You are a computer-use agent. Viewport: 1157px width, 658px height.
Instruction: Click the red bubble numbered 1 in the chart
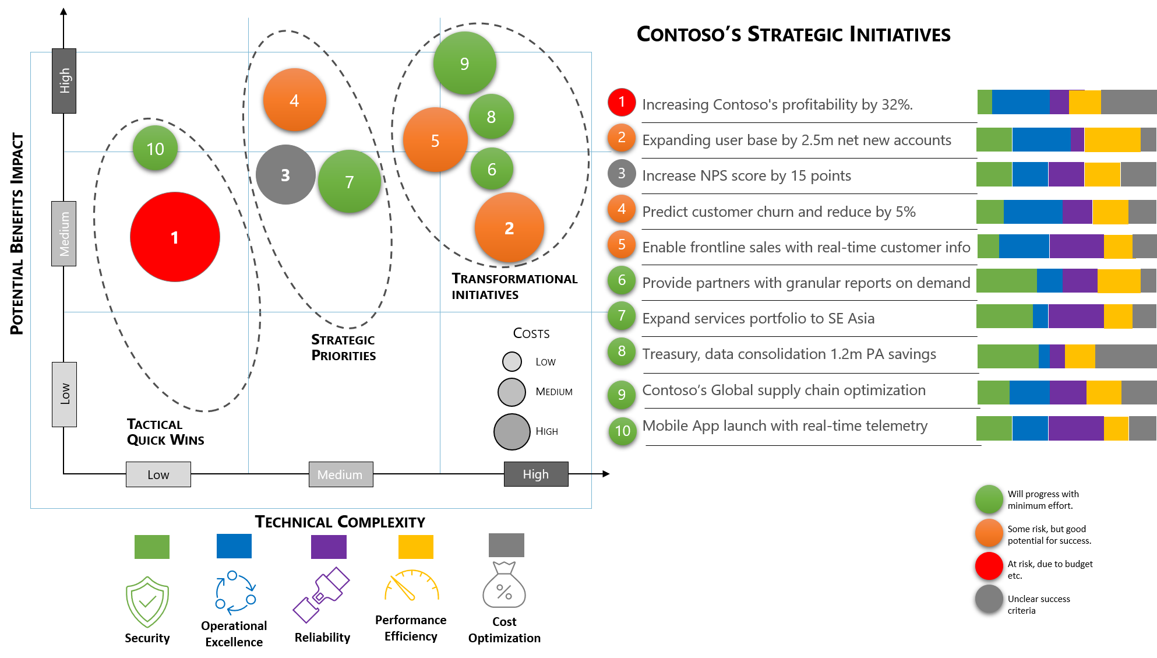pyautogui.click(x=175, y=237)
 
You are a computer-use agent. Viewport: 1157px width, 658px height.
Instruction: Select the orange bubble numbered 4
pyautogui.click(x=294, y=100)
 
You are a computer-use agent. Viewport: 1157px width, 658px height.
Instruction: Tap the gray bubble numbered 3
pyautogui.click(x=285, y=175)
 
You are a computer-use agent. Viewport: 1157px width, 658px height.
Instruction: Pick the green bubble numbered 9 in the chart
pyautogui.click(x=464, y=63)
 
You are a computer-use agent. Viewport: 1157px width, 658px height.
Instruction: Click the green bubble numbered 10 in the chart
pyautogui.click(x=155, y=148)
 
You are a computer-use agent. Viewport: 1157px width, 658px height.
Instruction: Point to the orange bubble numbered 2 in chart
pyautogui.click(x=509, y=228)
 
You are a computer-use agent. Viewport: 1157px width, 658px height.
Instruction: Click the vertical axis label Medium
pyautogui.click(x=64, y=234)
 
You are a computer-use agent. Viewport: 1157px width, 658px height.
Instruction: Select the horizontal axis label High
pyautogui.click(x=535, y=474)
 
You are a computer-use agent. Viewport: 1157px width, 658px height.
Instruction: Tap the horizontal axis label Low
pyautogui.click(x=158, y=474)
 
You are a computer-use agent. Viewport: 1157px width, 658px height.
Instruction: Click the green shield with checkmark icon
pyautogui.click(x=147, y=601)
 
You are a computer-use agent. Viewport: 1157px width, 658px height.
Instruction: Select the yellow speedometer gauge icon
pyautogui.click(x=412, y=586)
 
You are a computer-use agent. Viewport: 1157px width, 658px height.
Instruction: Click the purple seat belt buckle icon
pyautogui.click(x=321, y=594)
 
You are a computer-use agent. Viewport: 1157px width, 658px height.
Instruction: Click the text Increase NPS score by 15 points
pyautogui.click(x=746, y=175)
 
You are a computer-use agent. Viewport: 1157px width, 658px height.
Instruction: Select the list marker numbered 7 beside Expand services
pyautogui.click(x=622, y=315)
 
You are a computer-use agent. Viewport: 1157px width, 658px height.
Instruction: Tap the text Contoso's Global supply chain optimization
pyautogui.click(x=784, y=390)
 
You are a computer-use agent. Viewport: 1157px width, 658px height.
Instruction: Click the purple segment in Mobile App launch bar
pyautogui.click(x=1075, y=428)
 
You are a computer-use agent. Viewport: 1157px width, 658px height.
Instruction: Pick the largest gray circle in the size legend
pyautogui.click(x=512, y=432)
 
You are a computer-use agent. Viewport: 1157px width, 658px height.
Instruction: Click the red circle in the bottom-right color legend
pyautogui.click(x=989, y=566)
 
